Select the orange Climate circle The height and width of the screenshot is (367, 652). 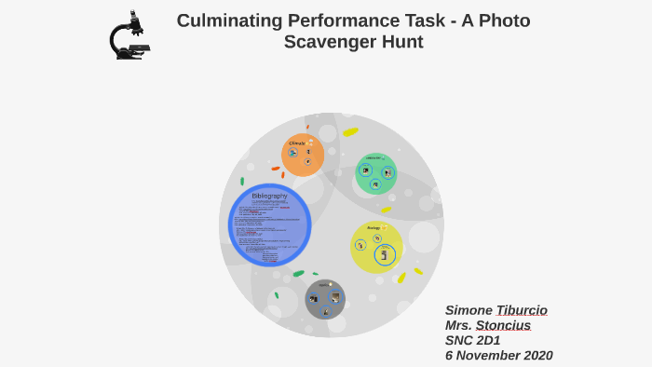(303, 156)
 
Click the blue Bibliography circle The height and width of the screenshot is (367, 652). (269, 225)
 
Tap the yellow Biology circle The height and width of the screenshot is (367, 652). (376, 247)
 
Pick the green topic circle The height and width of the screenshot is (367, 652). (375, 173)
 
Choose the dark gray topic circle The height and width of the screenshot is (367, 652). (325, 299)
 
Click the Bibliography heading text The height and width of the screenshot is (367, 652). (269, 196)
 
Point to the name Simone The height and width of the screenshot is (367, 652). (469, 310)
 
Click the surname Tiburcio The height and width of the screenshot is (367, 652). (522, 310)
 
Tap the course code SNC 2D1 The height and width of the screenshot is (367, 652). (472, 340)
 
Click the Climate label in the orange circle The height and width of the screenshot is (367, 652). (296, 143)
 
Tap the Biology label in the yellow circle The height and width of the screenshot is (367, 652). (373, 228)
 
